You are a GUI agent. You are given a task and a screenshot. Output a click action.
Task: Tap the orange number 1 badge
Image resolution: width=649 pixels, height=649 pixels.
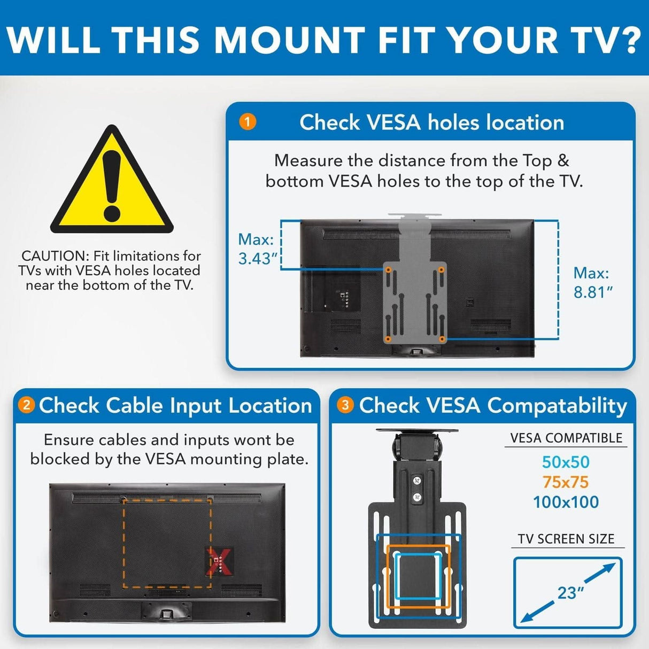tap(247, 122)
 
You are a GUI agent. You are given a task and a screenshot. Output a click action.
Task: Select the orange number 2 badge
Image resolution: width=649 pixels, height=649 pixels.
tap(26, 405)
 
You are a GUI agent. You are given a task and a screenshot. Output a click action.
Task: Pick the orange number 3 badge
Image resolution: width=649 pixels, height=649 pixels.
tap(345, 405)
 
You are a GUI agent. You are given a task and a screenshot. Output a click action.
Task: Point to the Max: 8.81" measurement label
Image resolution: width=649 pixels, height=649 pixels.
tap(592, 282)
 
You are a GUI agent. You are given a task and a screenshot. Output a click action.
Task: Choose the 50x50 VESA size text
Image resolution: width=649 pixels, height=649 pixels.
tap(566, 462)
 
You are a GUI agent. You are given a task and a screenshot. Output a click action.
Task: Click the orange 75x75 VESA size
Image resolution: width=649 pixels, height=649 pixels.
tap(566, 482)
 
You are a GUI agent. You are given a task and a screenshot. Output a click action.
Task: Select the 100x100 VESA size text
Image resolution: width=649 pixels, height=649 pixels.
tap(566, 502)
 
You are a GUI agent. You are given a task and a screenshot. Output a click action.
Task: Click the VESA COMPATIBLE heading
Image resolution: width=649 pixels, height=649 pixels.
tap(566, 438)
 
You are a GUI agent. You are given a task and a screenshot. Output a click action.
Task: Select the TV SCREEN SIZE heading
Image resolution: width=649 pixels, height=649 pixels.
tap(566, 539)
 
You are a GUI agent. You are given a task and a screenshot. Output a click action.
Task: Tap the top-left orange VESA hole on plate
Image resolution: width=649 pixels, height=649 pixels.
tap(389, 269)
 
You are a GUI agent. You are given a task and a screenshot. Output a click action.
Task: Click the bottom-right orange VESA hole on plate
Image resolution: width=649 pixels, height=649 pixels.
tap(442, 339)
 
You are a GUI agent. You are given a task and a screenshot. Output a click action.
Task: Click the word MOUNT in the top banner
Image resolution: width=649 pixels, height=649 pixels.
tap(289, 39)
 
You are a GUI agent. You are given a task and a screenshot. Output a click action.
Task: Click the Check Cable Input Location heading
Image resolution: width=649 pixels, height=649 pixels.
tap(175, 405)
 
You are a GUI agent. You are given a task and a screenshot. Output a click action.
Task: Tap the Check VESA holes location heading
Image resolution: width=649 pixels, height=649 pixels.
tap(432, 122)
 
